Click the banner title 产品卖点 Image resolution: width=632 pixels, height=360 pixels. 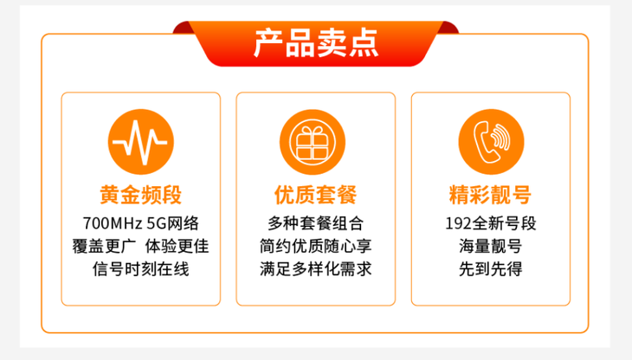coord(316,43)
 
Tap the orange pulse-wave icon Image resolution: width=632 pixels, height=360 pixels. coord(140,142)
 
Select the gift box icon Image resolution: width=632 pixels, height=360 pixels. coord(313,142)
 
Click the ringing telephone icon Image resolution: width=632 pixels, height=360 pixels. coord(491,142)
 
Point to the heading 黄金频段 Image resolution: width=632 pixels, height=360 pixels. coord(140,195)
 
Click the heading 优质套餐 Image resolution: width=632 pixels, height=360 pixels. coord(316,195)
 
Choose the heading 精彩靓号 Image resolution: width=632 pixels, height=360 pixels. coord(491,195)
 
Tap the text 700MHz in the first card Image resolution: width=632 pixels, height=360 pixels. coord(112,223)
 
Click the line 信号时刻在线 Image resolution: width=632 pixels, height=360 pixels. coord(140,269)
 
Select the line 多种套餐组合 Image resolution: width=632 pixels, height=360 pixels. coord(316,223)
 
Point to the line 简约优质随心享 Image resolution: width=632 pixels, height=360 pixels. coord(316,246)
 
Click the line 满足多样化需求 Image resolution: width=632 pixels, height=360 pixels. coord(316,269)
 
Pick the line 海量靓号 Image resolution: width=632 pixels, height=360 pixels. coord(491,246)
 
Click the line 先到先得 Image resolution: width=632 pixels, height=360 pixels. coord(491,269)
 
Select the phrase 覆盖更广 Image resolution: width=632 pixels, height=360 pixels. coord(105,246)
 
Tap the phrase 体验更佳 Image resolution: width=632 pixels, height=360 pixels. coord(177,246)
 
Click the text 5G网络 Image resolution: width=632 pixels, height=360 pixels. coord(172,223)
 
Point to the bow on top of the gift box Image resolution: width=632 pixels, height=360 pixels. coord(313,131)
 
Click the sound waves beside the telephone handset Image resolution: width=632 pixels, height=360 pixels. coord(502,137)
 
